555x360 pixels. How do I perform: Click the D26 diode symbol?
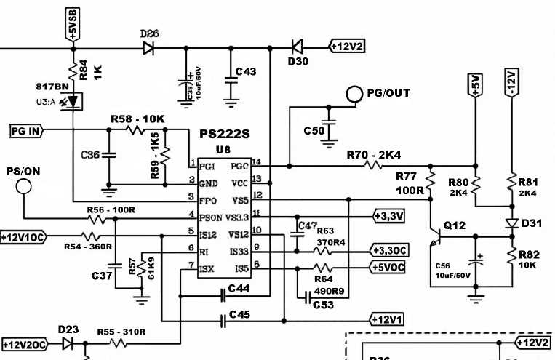pos(148,48)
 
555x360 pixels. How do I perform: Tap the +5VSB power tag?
pos(73,23)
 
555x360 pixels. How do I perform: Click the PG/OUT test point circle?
pos(354,93)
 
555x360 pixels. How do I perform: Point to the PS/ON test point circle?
pos(25,186)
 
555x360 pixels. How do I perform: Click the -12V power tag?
pos(511,83)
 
